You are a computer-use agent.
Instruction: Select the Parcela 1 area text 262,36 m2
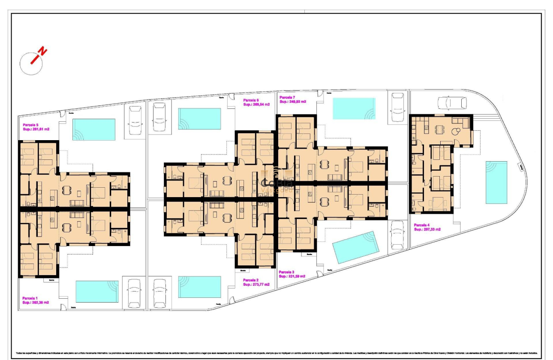click(x=36, y=302)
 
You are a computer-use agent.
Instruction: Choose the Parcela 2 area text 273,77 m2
click(x=256, y=284)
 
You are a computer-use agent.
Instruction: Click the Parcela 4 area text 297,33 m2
click(x=427, y=229)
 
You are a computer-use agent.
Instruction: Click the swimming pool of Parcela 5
click(x=94, y=129)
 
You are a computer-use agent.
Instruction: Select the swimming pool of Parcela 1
click(x=97, y=291)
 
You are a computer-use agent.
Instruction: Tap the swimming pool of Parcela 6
click(x=199, y=118)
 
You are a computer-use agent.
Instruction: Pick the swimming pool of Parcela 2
click(x=199, y=287)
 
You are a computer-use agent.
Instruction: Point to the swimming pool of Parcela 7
click(x=354, y=108)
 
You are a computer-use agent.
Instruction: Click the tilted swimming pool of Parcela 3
click(x=356, y=247)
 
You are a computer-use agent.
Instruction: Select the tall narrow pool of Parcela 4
click(x=496, y=182)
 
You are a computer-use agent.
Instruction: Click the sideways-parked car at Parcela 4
click(x=452, y=103)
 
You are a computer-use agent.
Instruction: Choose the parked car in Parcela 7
click(x=397, y=109)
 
